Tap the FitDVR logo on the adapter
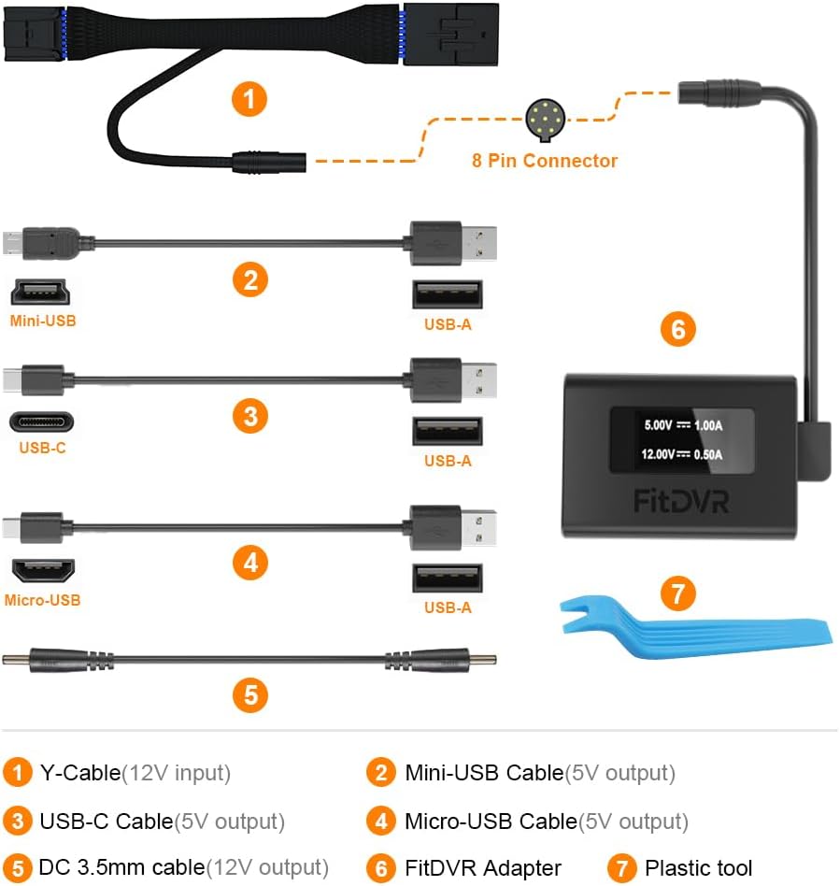coord(681,500)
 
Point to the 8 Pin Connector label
coord(544,161)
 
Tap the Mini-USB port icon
coord(42,294)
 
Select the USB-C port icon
coord(42,422)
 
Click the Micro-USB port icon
coord(42,570)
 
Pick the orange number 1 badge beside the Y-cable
coord(249,98)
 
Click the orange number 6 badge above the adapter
coord(678,329)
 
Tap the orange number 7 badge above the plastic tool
coord(679,593)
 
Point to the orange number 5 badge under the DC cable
coord(249,693)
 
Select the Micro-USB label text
coord(42,600)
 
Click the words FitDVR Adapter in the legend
coord(482,868)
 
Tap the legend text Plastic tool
coord(698,868)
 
